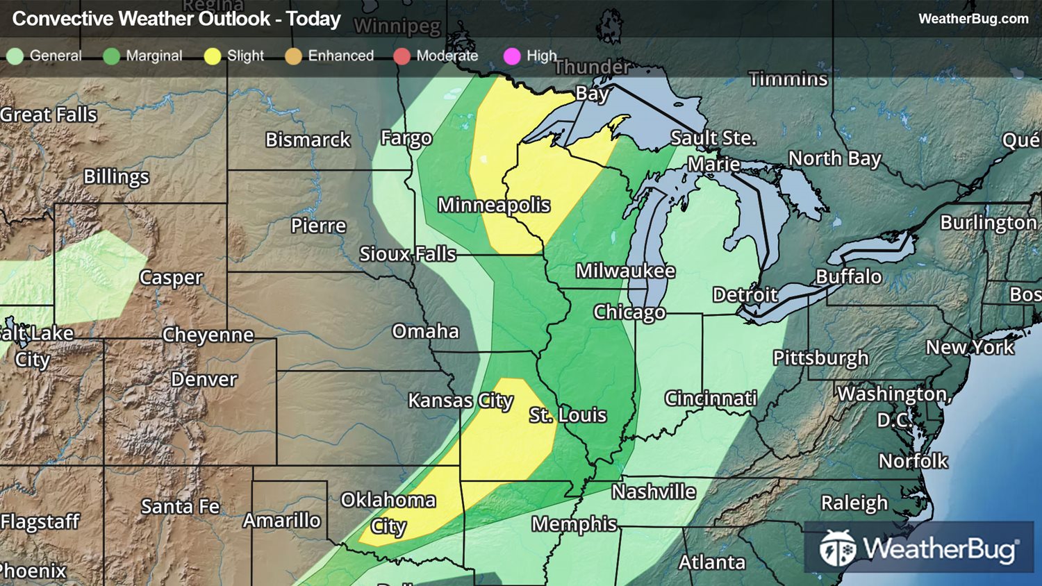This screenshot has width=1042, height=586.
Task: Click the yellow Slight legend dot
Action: click(x=213, y=56)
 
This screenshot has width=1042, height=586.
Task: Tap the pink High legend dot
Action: click(x=512, y=56)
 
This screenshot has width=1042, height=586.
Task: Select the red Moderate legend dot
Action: click(x=402, y=56)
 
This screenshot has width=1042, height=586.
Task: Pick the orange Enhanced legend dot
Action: click(x=293, y=56)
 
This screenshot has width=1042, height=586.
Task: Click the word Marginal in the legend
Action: click(x=154, y=56)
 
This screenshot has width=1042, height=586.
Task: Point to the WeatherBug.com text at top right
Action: click(x=973, y=19)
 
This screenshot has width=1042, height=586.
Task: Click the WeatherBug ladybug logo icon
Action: click(x=837, y=549)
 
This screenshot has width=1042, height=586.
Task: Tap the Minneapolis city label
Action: click(x=493, y=205)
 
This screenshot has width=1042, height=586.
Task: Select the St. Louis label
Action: click(x=568, y=415)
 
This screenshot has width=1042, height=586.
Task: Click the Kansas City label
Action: click(x=461, y=401)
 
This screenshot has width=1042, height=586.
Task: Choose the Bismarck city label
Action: click(x=308, y=140)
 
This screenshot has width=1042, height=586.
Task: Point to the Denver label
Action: click(x=204, y=380)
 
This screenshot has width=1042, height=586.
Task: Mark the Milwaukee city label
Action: click(x=625, y=271)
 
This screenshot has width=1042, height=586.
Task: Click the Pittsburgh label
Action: click(x=820, y=358)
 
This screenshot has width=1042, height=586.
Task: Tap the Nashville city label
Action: click(x=653, y=492)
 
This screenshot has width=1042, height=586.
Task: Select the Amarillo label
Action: click(x=281, y=520)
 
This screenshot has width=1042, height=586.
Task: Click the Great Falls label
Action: click(x=49, y=115)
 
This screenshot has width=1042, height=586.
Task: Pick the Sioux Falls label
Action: click(x=407, y=254)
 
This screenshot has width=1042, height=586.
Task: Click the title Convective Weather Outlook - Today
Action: click(x=176, y=19)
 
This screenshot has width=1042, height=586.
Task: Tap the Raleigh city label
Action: click(x=854, y=503)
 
